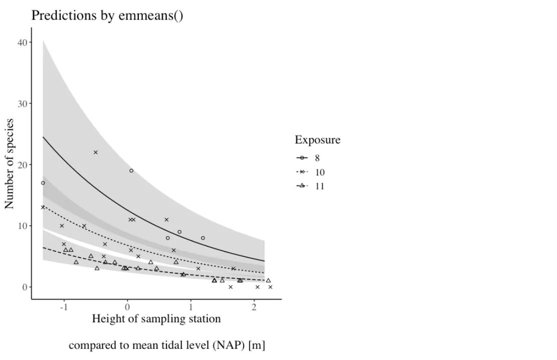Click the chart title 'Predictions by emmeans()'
[x=107, y=16]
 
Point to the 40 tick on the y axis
[x=23, y=43]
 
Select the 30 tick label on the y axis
[x=23, y=104]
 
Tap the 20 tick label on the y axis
[x=23, y=165]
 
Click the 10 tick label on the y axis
[x=23, y=226]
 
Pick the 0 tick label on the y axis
[x=25, y=287]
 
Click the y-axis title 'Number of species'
[x=10, y=163]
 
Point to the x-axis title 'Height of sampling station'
[x=156, y=319]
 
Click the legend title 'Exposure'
[x=317, y=140]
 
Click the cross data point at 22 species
[x=96, y=152]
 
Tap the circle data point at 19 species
[x=131, y=170]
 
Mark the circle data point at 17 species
[x=43, y=183]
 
